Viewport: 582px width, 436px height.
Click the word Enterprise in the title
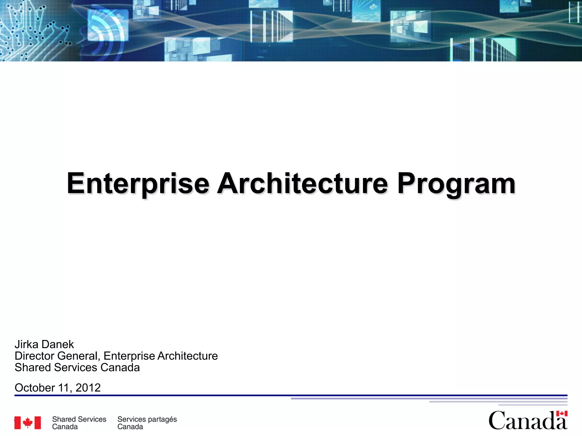[x=138, y=184]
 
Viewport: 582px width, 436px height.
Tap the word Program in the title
[x=456, y=184]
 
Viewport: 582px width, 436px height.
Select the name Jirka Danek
[x=44, y=344]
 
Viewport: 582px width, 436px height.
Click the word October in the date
[x=35, y=388]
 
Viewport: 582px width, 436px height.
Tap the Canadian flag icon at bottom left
[x=28, y=423]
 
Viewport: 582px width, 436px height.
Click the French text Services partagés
[x=147, y=419]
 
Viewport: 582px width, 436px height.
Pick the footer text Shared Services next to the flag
[x=79, y=419]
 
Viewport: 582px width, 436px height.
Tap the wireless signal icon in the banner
[x=105, y=31]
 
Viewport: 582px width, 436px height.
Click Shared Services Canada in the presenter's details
[x=77, y=368]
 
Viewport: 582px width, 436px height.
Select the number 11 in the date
[x=64, y=388]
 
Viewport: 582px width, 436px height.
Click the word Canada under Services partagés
[x=130, y=427]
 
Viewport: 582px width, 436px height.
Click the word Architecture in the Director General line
[x=188, y=356]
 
